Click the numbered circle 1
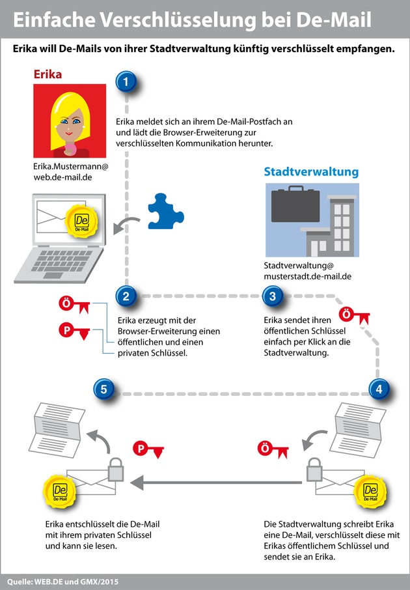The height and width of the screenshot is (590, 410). tap(126, 82)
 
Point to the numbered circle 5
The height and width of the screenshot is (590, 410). tap(104, 389)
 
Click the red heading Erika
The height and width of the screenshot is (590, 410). tap(48, 74)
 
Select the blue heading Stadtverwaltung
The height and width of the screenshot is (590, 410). tap(310, 172)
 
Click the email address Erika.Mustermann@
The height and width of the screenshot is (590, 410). tap(70, 166)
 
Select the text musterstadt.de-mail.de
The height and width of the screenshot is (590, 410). tap(308, 276)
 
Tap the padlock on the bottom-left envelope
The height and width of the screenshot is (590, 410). tap(115, 468)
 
